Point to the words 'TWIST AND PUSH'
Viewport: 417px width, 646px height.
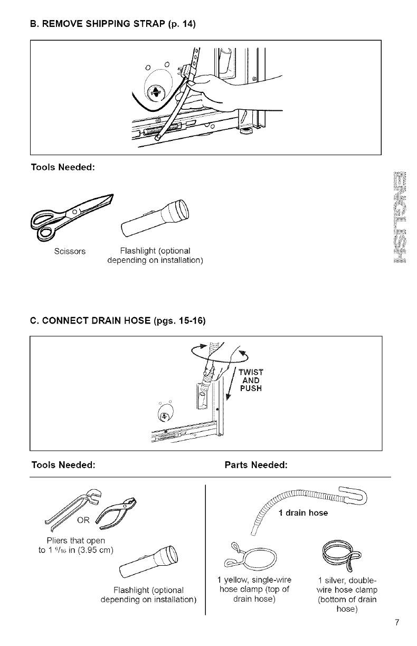(254, 378)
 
